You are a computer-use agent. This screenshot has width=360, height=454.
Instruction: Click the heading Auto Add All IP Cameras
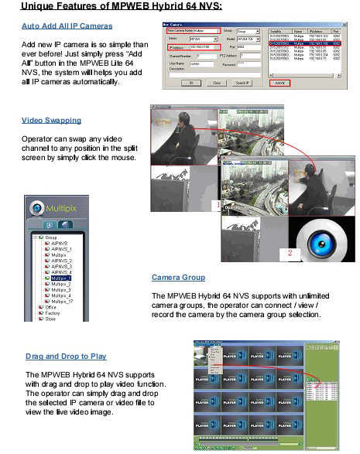(66, 26)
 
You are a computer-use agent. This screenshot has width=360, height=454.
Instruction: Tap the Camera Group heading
(178, 277)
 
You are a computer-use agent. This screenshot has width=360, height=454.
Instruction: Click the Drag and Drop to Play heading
(66, 356)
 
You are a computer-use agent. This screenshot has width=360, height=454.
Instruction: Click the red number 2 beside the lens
(290, 251)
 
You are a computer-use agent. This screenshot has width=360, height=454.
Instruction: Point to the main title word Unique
(43, 6)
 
